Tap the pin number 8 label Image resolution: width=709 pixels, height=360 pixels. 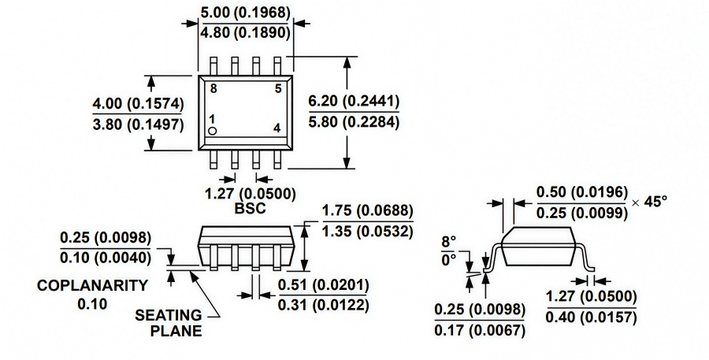pyautogui.click(x=213, y=88)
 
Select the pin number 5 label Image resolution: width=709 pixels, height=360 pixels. pyautogui.click(x=277, y=88)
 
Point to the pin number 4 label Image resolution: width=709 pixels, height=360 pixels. pyautogui.click(x=277, y=128)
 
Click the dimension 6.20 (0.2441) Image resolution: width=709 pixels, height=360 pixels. pyautogui.click(x=354, y=102)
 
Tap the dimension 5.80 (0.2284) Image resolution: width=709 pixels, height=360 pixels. pyautogui.click(x=354, y=123)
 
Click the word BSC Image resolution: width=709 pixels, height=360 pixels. pyautogui.click(x=251, y=210)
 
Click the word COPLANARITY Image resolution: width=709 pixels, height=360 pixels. pyautogui.click(x=92, y=285)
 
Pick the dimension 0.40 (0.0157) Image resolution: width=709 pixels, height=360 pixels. pyautogui.click(x=591, y=317)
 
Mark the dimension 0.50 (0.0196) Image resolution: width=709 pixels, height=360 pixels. pyautogui.click(x=581, y=192)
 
